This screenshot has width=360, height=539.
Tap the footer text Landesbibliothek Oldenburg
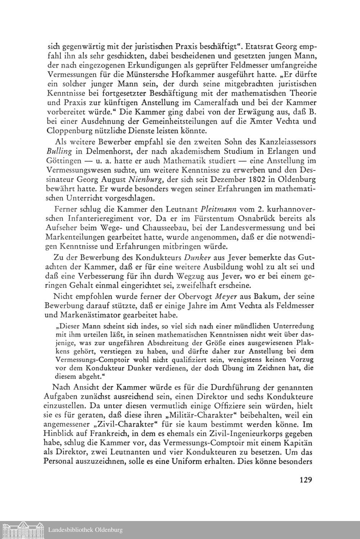(85, 530)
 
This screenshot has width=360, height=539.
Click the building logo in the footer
(23, 530)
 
